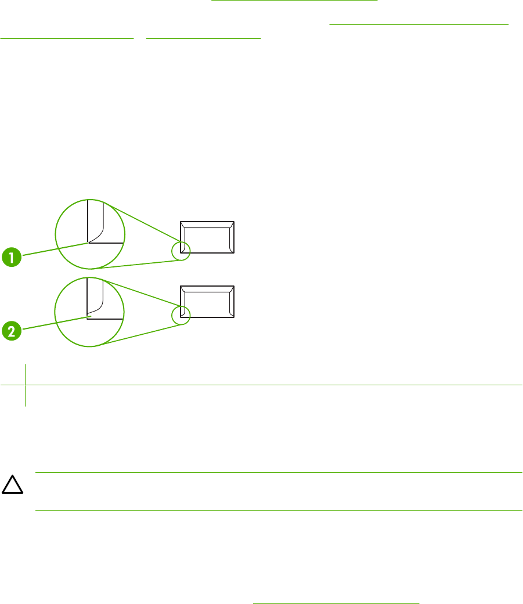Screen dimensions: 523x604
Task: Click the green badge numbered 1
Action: click(12, 257)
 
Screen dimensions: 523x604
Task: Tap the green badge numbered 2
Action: click(12, 331)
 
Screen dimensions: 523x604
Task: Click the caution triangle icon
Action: click(12, 484)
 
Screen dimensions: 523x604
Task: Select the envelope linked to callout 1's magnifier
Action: click(207, 237)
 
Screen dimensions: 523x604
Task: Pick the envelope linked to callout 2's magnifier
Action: click(207, 302)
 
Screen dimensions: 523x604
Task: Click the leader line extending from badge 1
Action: click(56, 249)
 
